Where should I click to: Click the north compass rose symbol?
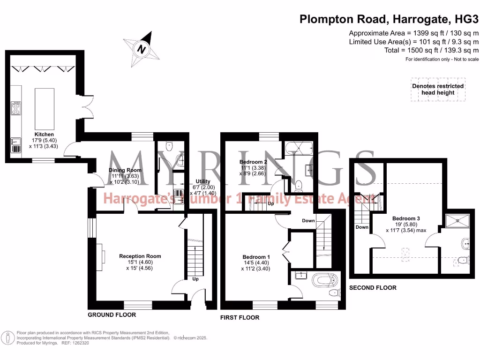(141, 48)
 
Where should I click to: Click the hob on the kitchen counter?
(16, 109)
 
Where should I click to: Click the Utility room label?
(203, 181)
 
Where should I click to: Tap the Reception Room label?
(140, 256)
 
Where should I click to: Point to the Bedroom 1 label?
(256, 257)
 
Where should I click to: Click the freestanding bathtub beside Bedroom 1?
(325, 280)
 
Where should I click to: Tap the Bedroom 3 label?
(406, 218)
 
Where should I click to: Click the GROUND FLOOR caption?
(112, 315)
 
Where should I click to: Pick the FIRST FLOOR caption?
(240, 317)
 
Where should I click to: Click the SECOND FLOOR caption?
(373, 288)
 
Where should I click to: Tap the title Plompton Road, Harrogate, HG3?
(389, 19)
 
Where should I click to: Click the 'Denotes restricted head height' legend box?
(438, 89)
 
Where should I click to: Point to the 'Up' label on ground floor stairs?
(195, 279)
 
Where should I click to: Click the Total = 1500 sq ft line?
(431, 50)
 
